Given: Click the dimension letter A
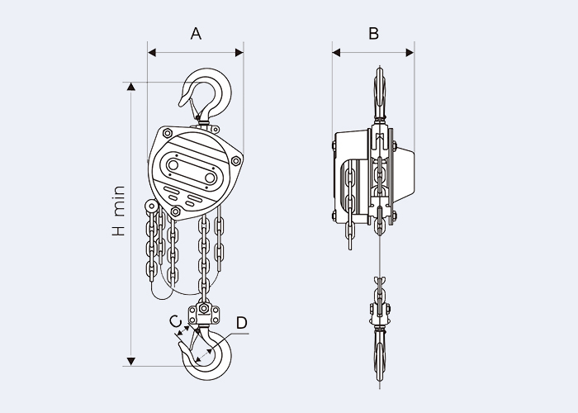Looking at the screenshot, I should click(196, 34).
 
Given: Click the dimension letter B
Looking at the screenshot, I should click(373, 34).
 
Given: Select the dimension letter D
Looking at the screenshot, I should click(241, 324).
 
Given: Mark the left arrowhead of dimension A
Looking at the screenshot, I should click(151, 53).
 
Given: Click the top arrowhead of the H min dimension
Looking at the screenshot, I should click(130, 86).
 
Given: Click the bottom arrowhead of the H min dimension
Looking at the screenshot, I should click(130, 361).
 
